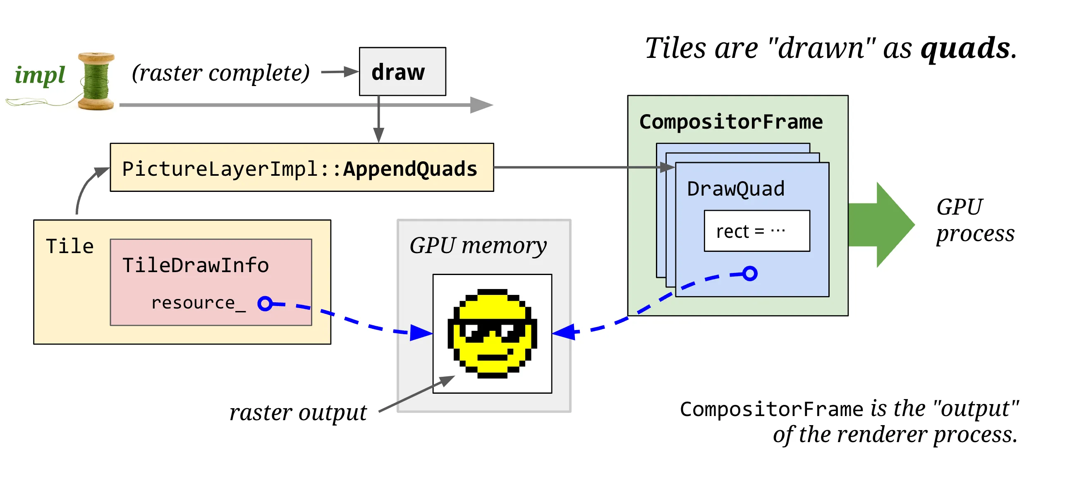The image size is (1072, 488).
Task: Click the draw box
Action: [402, 72]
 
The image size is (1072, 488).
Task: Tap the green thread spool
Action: [96, 81]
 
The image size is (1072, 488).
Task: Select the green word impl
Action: [40, 75]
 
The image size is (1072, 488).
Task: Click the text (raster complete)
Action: [221, 73]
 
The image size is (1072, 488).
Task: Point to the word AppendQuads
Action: [410, 169]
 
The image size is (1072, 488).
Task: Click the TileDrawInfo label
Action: [196, 266]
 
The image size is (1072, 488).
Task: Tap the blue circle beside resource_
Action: [265, 304]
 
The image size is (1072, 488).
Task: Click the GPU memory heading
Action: [478, 246]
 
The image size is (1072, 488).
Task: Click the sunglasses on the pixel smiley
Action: [492, 330]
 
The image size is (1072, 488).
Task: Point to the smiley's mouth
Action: [492, 357]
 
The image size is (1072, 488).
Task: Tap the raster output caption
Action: [298, 413]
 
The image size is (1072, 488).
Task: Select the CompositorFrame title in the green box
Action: [731, 122]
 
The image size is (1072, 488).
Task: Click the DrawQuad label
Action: [736, 189]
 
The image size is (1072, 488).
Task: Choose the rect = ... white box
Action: [757, 231]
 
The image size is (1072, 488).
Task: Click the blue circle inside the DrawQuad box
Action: [750, 274]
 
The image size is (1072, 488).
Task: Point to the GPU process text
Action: [976, 220]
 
